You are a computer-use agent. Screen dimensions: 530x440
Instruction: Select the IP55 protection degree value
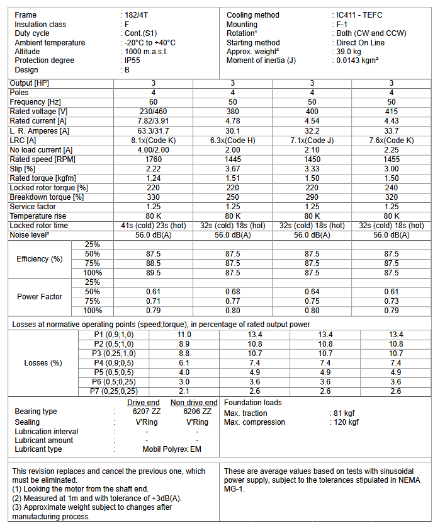[133, 60]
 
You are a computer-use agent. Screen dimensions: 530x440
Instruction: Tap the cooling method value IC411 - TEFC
[360, 15]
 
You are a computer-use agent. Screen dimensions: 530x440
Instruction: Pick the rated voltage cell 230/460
[153, 112]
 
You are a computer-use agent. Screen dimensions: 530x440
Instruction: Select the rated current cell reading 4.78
[232, 121]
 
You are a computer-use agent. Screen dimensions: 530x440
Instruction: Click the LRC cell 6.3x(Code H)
[232, 140]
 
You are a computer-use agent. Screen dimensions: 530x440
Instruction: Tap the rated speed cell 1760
[153, 159]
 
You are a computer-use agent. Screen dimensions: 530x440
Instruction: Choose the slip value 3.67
[232, 169]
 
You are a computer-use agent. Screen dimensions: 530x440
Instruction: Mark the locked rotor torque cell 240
[392, 188]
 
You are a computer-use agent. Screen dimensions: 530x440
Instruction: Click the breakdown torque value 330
[153, 197]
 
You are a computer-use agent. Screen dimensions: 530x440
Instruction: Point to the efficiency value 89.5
[153, 273]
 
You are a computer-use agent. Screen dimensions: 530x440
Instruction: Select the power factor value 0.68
[232, 292]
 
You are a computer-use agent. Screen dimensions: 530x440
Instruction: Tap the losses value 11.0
[184, 335]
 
